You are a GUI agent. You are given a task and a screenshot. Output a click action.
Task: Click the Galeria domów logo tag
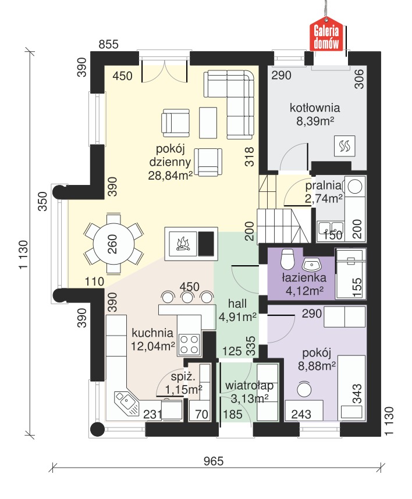click(x=326, y=35)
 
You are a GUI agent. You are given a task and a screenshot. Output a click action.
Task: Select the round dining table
click(x=113, y=244)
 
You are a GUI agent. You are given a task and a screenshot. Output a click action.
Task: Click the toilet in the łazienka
click(x=287, y=259)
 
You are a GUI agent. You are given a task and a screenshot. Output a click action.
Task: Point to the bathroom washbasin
click(x=311, y=264)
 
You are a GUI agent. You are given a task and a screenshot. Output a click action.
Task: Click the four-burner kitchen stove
click(x=190, y=344)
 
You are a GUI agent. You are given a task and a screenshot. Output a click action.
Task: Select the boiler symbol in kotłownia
click(x=344, y=147)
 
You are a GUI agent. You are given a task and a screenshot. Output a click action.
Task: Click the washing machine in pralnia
click(x=355, y=186)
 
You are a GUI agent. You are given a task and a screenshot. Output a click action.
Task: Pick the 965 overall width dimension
click(x=214, y=461)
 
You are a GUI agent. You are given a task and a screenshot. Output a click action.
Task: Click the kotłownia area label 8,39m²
click(x=315, y=121)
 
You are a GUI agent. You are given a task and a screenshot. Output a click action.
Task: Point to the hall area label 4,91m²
click(x=237, y=317)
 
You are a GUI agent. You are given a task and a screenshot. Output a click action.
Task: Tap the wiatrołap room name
click(x=249, y=386)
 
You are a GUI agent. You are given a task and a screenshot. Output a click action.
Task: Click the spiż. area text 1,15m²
click(x=184, y=389)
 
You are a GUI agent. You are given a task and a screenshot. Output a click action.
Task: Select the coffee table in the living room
click(x=208, y=123)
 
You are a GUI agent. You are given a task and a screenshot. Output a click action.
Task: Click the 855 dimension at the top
click(x=108, y=44)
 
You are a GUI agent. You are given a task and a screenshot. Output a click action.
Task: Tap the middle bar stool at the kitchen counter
click(x=187, y=298)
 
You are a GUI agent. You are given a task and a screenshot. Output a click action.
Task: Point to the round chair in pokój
click(x=304, y=389)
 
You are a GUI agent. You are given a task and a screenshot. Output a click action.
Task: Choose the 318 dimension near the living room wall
click(x=250, y=156)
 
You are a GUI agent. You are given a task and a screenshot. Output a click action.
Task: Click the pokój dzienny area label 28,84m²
click(x=171, y=176)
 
